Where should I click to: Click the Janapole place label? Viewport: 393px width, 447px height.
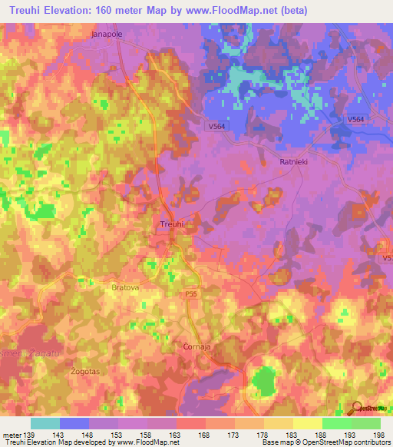coord(107,35)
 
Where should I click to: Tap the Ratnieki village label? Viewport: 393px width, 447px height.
coord(293,162)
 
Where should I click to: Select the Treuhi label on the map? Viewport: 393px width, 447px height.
coord(171,223)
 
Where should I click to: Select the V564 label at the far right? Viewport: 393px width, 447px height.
coord(355,119)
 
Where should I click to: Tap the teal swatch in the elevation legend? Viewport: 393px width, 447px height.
coord(45,423)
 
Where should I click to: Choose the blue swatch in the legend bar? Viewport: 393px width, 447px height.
coord(74,423)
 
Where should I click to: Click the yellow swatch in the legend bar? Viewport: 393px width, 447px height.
coord(308,423)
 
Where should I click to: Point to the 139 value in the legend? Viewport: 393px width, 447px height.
coord(29,435)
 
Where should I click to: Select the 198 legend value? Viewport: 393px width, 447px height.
coord(376,435)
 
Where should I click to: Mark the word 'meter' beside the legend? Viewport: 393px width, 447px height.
coord(11,435)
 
